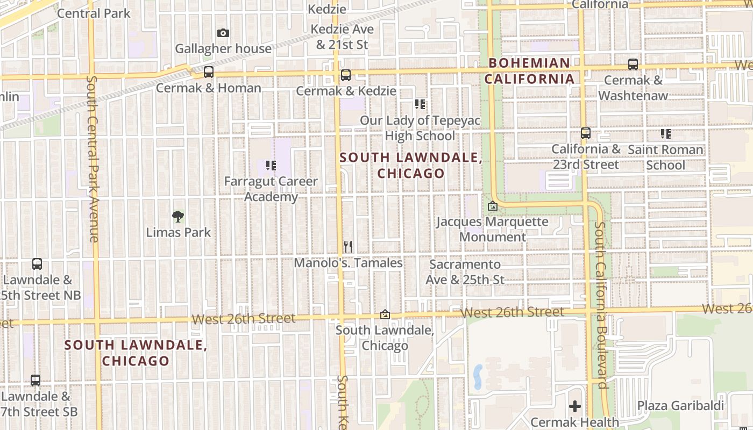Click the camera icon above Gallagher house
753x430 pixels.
[223, 33]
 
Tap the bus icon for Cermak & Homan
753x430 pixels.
[209, 72]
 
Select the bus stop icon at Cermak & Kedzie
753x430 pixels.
[346, 75]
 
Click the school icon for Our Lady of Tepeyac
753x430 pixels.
[420, 104]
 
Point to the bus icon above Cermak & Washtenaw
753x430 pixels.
[633, 64]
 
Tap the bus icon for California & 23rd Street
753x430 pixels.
[586, 133]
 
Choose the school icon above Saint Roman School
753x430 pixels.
[666, 134]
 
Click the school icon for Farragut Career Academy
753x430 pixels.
[271, 166]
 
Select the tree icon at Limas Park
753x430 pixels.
[178, 217]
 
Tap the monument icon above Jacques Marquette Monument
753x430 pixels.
[492, 206]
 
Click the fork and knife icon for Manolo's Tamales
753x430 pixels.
[348, 247]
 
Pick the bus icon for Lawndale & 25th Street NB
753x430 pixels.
[37, 264]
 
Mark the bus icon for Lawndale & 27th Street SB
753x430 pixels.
[35, 381]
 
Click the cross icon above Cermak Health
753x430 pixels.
[575, 406]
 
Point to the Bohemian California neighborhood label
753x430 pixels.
[529, 71]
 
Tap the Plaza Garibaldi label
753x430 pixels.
[680, 406]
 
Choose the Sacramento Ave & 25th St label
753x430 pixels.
[465, 272]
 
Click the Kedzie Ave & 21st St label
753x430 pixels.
[342, 37]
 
